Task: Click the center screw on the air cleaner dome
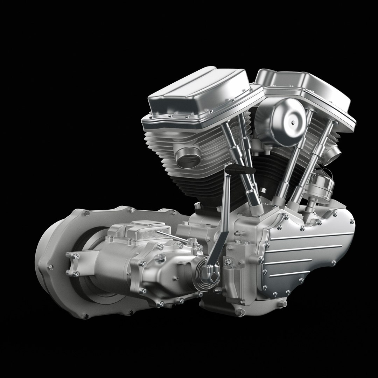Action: point(292,122)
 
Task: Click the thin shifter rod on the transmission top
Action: point(171,237)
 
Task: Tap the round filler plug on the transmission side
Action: point(161,258)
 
